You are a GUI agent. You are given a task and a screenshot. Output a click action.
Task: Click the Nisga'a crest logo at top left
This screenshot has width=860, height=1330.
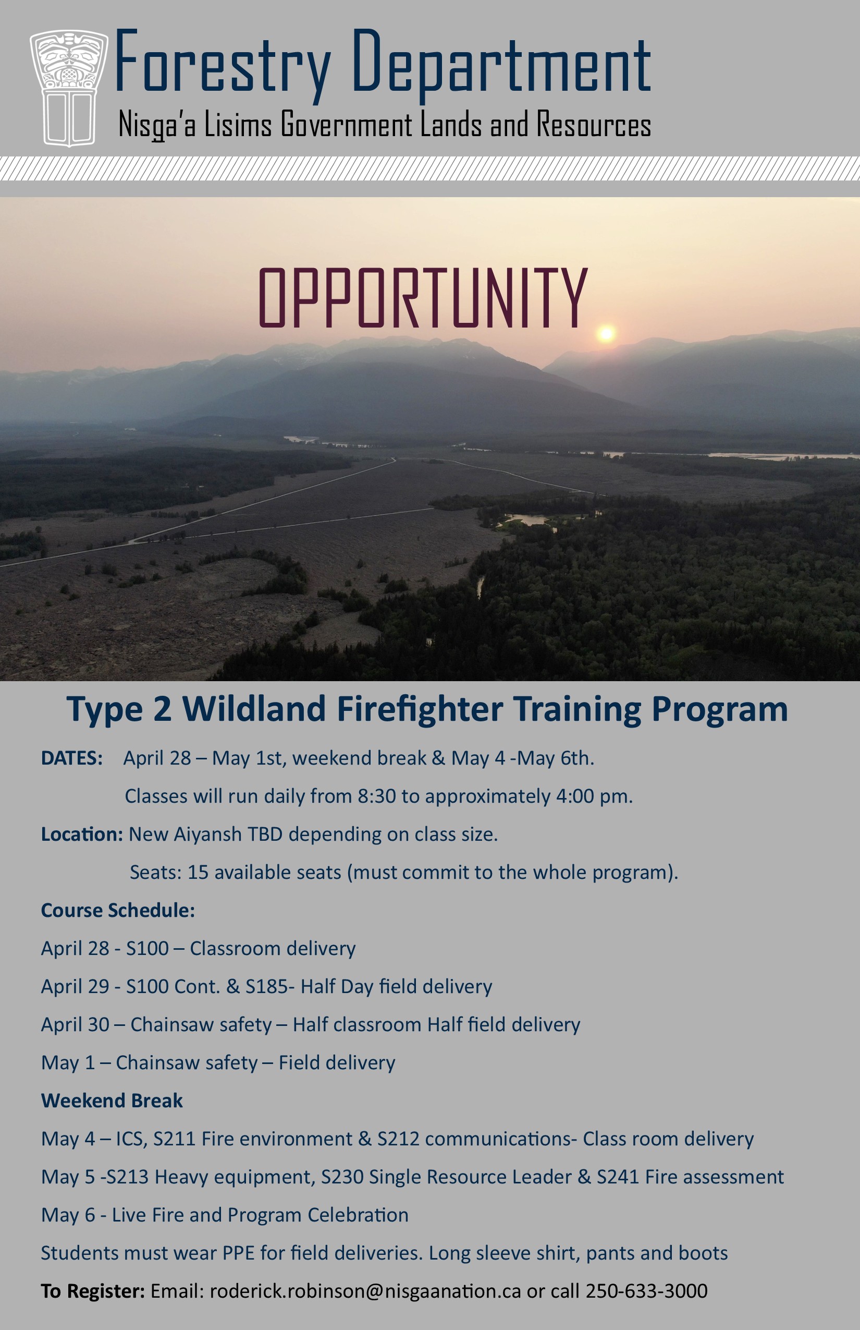pyautogui.click(x=69, y=88)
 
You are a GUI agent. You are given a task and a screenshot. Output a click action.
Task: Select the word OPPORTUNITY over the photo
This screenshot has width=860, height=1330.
pyautogui.click(x=423, y=297)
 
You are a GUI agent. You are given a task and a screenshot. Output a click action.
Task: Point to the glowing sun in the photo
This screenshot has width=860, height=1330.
pyautogui.click(x=606, y=334)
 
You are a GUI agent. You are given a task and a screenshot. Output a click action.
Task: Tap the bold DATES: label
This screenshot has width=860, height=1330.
pyautogui.click(x=71, y=758)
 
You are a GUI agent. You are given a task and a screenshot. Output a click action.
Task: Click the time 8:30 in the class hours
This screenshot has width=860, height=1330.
pyautogui.click(x=377, y=796)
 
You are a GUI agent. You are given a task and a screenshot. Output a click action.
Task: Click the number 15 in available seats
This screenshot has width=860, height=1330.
pyautogui.click(x=198, y=872)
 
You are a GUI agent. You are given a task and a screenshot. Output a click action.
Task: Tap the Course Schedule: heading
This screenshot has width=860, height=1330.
pyautogui.click(x=118, y=910)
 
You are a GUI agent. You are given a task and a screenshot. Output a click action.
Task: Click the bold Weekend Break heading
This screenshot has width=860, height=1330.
pyautogui.click(x=112, y=1101)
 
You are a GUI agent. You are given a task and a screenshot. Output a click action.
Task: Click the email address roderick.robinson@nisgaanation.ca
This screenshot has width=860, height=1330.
pyautogui.click(x=365, y=1291)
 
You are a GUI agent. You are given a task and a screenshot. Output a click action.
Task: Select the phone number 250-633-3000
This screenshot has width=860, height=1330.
pyautogui.click(x=646, y=1291)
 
